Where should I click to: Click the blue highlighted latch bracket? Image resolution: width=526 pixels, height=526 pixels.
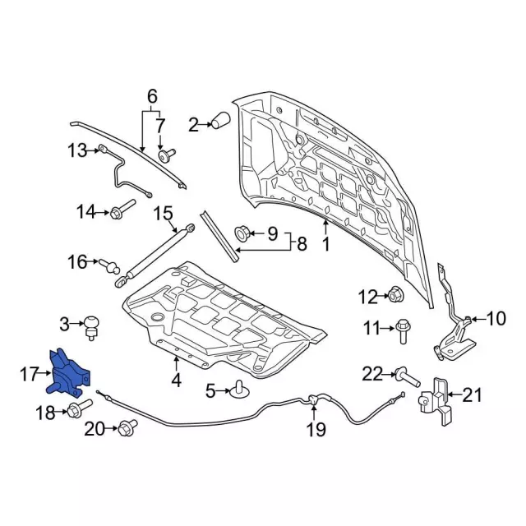point(71,375)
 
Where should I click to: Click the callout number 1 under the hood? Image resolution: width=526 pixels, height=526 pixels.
point(325,243)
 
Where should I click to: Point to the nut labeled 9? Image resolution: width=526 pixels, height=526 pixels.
point(244,233)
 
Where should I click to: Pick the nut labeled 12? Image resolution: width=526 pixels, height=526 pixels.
point(394,293)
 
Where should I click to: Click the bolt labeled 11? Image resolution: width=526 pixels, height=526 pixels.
point(404,330)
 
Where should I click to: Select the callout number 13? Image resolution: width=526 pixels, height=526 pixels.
point(76,150)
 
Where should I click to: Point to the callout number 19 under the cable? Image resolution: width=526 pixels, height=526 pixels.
point(316,428)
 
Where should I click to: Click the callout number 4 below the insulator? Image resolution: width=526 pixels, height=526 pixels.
point(175,381)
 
